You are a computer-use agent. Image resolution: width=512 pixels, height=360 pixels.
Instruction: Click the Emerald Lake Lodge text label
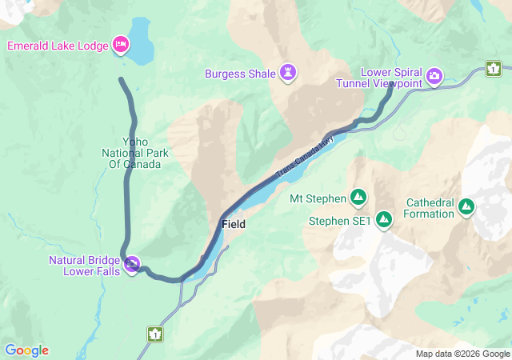(x=58, y=46)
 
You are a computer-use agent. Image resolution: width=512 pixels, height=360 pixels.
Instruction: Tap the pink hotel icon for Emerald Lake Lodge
(x=121, y=44)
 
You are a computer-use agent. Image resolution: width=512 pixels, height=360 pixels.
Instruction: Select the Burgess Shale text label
(x=239, y=74)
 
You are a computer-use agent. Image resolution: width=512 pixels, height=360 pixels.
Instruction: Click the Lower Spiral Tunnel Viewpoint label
(x=390, y=78)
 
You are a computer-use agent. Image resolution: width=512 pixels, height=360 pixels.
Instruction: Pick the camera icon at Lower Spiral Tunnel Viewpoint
(x=434, y=77)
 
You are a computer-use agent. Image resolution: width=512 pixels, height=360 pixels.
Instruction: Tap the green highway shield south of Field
(x=154, y=333)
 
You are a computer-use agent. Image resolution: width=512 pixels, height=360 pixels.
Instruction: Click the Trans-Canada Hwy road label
(x=305, y=157)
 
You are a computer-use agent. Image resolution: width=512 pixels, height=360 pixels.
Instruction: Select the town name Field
(x=234, y=225)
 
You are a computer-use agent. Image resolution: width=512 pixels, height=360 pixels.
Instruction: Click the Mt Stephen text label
(x=318, y=198)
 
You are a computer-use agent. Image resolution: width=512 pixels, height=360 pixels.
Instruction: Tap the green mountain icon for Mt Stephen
(x=358, y=197)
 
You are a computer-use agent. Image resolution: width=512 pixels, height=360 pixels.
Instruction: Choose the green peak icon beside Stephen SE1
(x=384, y=218)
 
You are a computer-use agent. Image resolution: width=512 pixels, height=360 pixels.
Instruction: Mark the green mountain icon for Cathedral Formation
(x=466, y=208)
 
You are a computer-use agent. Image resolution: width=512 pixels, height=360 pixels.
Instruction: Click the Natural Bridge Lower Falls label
(x=84, y=266)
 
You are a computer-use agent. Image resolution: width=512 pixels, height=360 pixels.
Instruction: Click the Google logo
(x=26, y=350)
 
